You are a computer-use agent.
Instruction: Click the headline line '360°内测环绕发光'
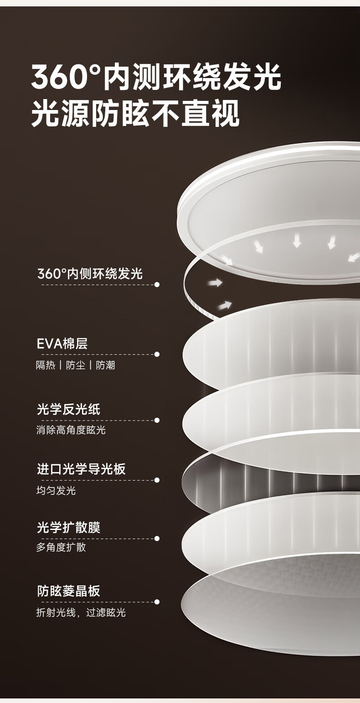pos(156,78)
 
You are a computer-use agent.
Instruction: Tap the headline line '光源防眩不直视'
pos(135,114)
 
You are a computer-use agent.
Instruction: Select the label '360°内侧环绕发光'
pos(90,273)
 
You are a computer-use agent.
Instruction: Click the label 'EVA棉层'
pos(62,343)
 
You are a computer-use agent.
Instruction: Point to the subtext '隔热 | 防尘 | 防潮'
pos(76,365)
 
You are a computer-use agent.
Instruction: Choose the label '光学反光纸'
pos(68,409)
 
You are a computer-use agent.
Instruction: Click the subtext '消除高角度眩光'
pos(71,430)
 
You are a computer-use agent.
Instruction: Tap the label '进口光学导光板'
pos(81,469)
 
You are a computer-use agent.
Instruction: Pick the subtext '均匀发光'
pos(56,491)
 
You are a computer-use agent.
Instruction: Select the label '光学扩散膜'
pos(68,527)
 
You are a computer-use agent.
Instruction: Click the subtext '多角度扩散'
pos(61,547)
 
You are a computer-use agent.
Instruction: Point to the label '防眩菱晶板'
pos(68,591)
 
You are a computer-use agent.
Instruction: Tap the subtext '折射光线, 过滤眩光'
pos(81,613)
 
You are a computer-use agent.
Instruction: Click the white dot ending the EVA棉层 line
pos(157,354)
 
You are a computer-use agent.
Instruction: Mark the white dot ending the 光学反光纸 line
pos(157,420)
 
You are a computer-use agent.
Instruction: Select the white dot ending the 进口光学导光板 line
pos(157,480)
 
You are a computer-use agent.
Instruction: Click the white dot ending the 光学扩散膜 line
pos(157,539)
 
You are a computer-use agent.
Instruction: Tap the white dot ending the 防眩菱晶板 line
pos(157,602)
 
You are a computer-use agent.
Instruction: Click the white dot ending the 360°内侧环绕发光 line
pos(157,284)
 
